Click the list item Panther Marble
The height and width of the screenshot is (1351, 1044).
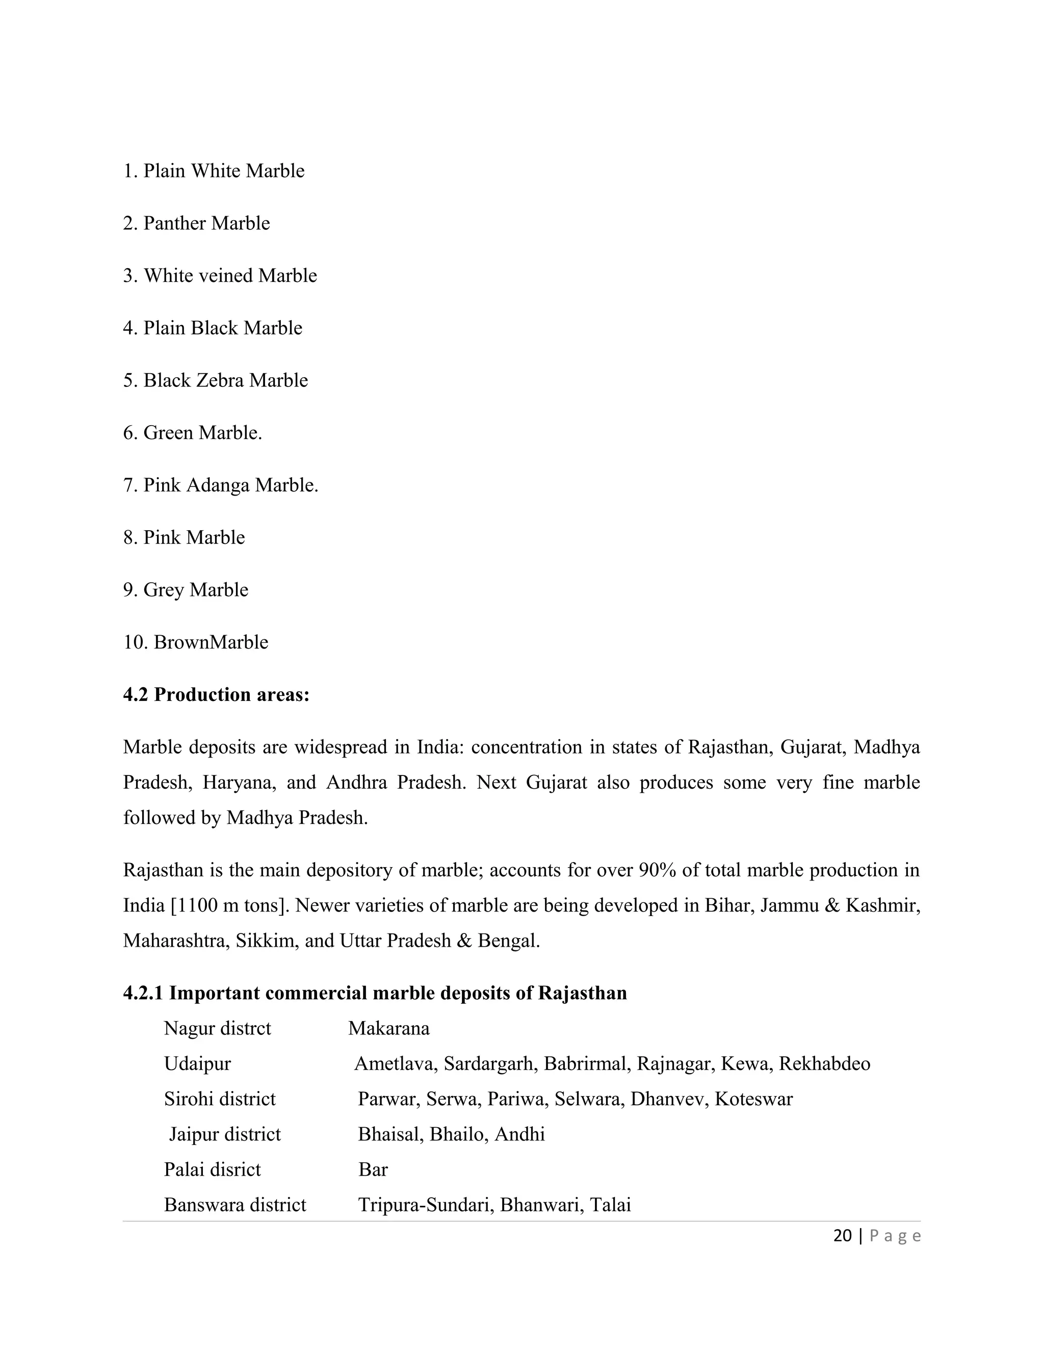point(197,223)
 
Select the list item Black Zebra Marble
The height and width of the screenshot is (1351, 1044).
point(215,380)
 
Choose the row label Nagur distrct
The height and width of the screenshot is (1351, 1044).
point(217,1029)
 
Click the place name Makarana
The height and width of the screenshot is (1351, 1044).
point(388,1029)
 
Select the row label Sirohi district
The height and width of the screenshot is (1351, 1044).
point(220,1099)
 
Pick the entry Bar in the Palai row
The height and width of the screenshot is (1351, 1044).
point(373,1170)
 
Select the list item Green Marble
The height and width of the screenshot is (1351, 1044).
point(192,433)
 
